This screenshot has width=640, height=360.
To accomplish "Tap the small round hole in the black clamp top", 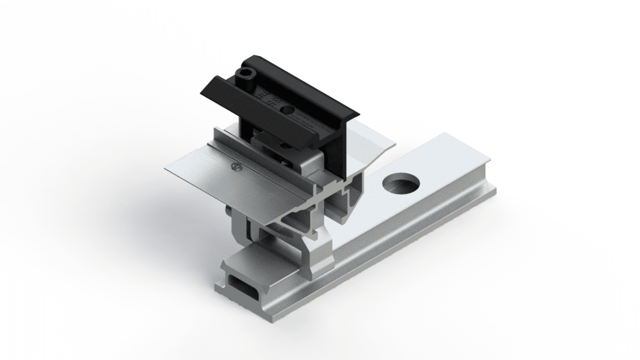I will [x=288, y=110].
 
